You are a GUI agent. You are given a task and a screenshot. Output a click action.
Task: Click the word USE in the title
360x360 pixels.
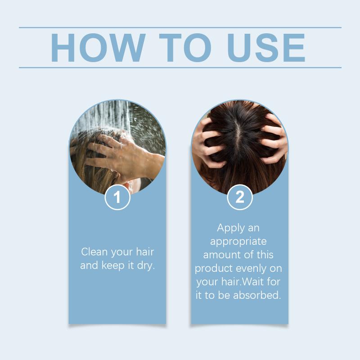pos(266,48)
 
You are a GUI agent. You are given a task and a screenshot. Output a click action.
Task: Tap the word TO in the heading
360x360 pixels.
pos(185,48)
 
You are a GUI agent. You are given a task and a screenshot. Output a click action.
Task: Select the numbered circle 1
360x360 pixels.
pos(117,197)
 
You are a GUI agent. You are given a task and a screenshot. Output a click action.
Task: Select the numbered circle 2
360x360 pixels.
pos(240,197)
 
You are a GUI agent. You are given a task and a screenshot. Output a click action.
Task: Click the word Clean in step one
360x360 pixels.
pos(94,252)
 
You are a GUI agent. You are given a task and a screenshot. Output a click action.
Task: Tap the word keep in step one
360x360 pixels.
pos(113,265)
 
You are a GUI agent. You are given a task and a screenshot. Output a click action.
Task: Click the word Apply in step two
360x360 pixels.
pos(228,229)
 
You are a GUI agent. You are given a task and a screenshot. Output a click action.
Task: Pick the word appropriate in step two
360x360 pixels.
pos(238,242)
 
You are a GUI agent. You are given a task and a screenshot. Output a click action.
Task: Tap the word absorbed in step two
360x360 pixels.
pos(257,295)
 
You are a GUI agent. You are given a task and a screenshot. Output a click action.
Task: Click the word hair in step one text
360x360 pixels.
pos(145,252)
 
